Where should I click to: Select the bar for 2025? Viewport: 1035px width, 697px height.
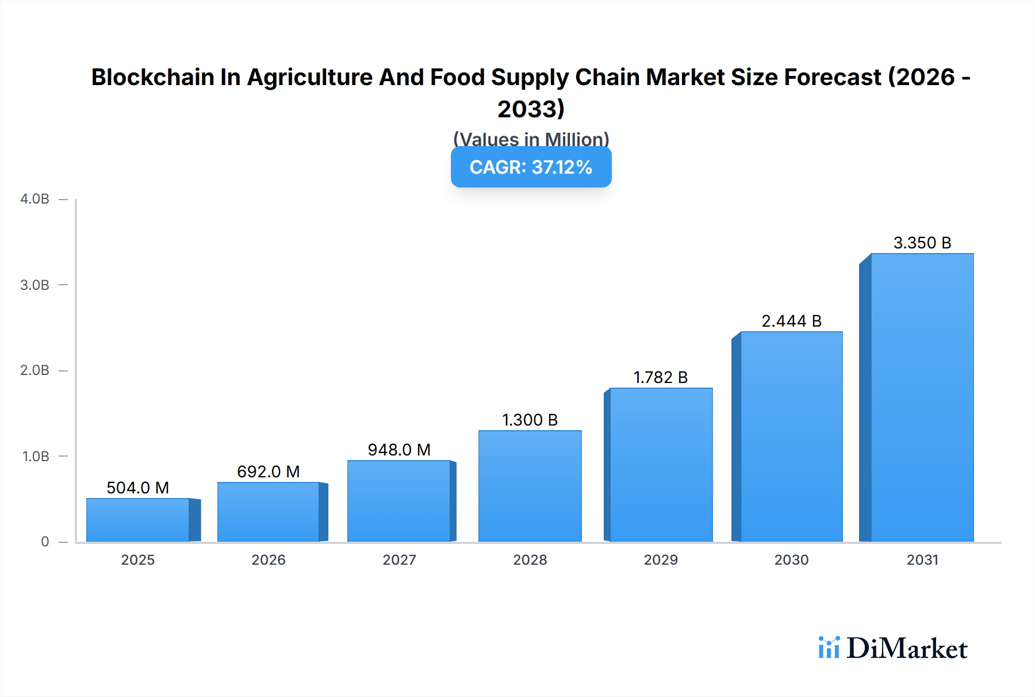click(x=138, y=520)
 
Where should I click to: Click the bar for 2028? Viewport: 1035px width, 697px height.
click(x=530, y=486)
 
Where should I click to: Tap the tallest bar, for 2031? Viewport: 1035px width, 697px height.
click(x=922, y=397)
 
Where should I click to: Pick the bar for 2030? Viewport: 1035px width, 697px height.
click(x=791, y=436)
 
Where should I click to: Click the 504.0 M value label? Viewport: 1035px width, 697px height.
click(x=138, y=488)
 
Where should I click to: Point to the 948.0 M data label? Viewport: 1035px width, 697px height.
click(x=399, y=450)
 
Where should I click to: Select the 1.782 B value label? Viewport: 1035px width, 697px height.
click(x=660, y=377)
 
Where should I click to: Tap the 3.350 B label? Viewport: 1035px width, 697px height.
click(x=922, y=243)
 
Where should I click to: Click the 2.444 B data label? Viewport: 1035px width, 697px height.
click(x=791, y=321)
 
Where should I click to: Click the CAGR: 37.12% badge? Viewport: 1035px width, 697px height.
click(x=531, y=167)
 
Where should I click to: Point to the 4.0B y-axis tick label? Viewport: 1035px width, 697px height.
click(x=34, y=199)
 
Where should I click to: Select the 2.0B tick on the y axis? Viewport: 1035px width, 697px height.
click(x=34, y=370)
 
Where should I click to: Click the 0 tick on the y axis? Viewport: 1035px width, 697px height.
click(x=45, y=542)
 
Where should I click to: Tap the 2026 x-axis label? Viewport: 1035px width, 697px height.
click(x=269, y=560)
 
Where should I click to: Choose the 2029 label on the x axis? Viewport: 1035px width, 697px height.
click(x=660, y=560)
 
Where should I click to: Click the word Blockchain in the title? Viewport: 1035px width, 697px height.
click(x=152, y=77)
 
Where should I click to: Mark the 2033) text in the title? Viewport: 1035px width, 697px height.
click(x=531, y=109)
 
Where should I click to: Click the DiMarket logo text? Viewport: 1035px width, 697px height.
click(x=907, y=649)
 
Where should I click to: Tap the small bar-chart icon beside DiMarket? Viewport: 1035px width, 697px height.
click(x=829, y=648)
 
